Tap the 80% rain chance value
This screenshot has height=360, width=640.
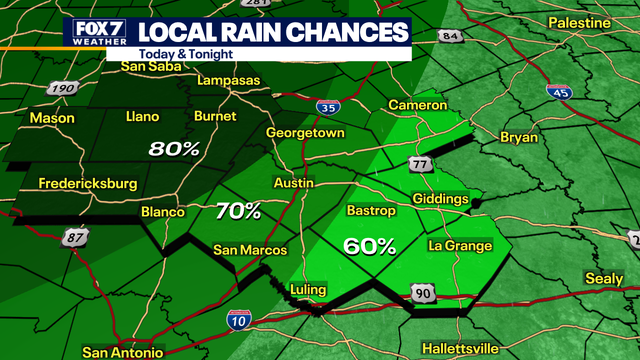tap(174, 149)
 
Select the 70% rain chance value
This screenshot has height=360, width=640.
tap(238, 211)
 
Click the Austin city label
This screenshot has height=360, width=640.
tap(294, 183)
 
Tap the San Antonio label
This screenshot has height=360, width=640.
tap(123, 352)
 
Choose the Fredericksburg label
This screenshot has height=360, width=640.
tap(86, 183)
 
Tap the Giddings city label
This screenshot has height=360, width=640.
tap(439, 199)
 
